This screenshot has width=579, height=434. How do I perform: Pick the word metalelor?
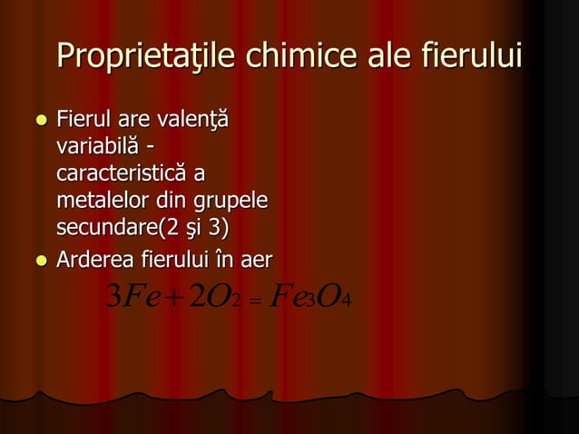coord(101,197)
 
